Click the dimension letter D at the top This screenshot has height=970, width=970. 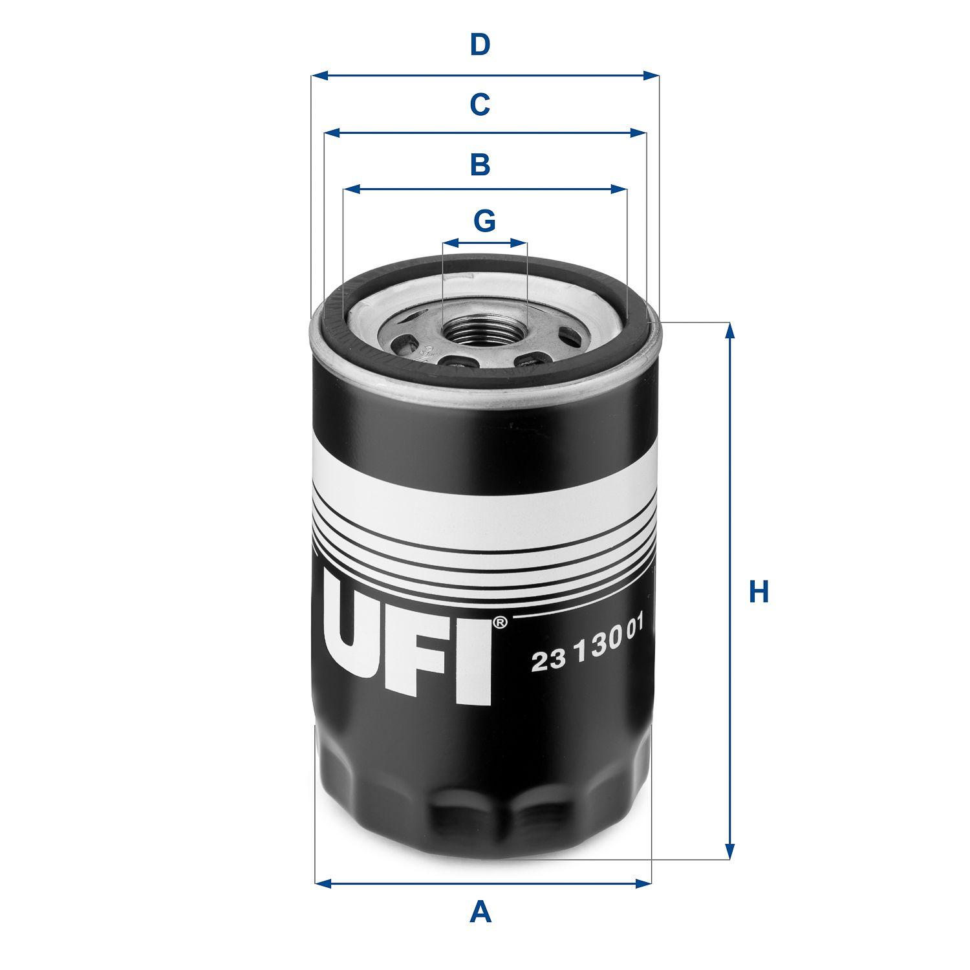click(x=479, y=45)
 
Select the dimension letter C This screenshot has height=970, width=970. click(x=479, y=104)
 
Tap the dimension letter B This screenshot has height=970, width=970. click(x=479, y=164)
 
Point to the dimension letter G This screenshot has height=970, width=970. click(x=484, y=221)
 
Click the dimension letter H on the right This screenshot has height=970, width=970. click(x=759, y=592)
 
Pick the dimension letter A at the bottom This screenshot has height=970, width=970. click(x=480, y=913)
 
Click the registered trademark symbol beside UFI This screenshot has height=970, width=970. click(x=500, y=623)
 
